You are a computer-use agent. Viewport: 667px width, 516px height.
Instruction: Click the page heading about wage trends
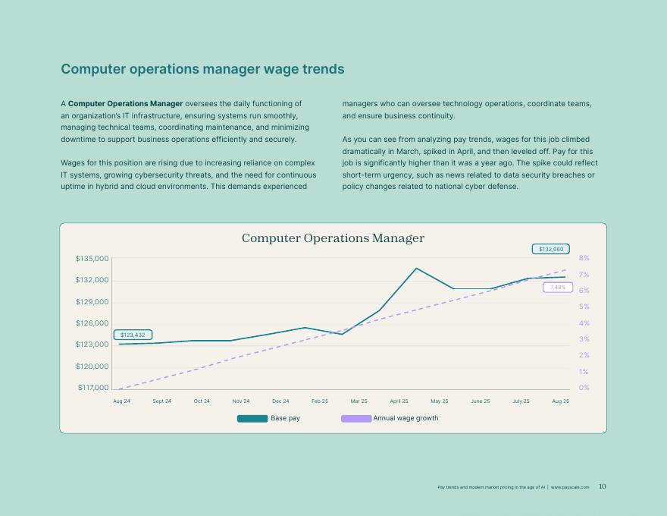[x=202, y=69]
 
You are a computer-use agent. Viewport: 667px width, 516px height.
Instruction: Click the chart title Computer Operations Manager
[x=333, y=238]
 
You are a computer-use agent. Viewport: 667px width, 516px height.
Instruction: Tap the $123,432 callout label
[x=133, y=335]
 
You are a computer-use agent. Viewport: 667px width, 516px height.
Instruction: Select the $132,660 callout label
[x=551, y=249]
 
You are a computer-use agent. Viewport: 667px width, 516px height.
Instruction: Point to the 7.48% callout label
[x=558, y=288]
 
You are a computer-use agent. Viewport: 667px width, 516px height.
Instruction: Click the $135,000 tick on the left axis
[x=92, y=259]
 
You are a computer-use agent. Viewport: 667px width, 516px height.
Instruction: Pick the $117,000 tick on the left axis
[x=92, y=388]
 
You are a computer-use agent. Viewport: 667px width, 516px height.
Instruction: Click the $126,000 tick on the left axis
[x=92, y=323]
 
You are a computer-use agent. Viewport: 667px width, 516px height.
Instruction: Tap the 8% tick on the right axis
[x=584, y=258]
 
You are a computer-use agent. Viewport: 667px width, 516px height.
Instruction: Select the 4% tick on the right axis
[x=584, y=323]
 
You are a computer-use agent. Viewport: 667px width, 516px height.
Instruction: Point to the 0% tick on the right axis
[x=584, y=388]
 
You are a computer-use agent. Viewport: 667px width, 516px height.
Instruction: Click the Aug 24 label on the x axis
[x=121, y=401]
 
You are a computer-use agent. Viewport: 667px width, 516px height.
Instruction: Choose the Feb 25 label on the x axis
[x=320, y=401]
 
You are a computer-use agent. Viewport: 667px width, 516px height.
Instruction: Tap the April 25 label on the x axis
[x=399, y=401]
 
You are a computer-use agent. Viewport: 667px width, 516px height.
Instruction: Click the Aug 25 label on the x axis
[x=561, y=401]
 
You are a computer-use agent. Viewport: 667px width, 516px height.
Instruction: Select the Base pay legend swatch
[x=252, y=418]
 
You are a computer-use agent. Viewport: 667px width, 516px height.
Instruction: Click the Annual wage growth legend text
[x=406, y=418]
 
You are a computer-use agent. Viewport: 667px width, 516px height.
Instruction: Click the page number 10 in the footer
[x=603, y=487]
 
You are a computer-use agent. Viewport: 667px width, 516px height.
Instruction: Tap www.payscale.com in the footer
[x=570, y=487]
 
